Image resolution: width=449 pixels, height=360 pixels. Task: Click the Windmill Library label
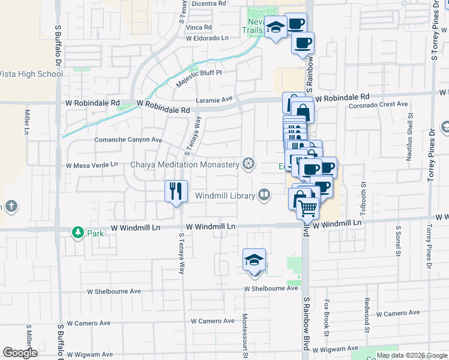[225, 196]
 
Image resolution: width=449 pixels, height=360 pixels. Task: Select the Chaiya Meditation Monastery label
[185, 164]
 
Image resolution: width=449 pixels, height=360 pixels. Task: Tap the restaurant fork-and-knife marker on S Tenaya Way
[176, 192]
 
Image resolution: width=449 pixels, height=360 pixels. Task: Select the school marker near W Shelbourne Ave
[255, 261]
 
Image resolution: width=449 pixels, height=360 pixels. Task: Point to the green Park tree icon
[77, 232]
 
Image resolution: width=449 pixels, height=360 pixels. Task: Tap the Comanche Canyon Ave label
[128, 140]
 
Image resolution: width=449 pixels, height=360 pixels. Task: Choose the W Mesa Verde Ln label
[92, 164]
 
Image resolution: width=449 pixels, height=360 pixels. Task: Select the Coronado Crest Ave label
[379, 104]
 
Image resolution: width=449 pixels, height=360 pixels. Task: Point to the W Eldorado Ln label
[207, 37]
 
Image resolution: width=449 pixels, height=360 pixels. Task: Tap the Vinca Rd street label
[199, 27]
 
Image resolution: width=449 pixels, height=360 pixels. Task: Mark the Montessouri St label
[245, 333]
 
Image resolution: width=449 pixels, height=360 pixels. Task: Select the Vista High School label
[31, 74]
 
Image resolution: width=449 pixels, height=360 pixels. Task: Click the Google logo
[20, 353]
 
